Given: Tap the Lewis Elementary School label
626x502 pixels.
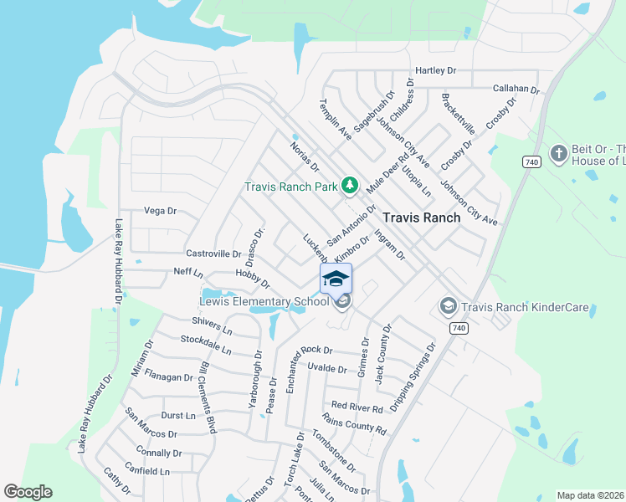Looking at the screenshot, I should [x=264, y=302].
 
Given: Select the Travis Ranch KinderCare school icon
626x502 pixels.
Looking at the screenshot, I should [x=448, y=307].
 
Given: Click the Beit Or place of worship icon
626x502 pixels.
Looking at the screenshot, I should [x=559, y=153].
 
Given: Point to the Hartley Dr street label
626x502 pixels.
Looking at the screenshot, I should [x=436, y=71].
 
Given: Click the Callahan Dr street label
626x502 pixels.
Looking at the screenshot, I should [x=516, y=88].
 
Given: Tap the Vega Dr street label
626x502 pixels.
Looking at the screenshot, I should [x=162, y=211].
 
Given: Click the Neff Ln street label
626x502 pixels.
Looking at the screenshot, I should [x=188, y=273].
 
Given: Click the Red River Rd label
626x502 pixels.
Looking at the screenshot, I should [x=357, y=407].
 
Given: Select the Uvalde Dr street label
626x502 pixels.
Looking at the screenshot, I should [x=326, y=368].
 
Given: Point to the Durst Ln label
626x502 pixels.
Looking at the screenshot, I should [x=177, y=415].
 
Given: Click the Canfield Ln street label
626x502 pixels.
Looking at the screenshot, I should [x=147, y=472].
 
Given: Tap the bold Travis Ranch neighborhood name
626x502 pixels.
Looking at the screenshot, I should [x=421, y=218].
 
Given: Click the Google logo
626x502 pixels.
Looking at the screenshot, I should [x=28, y=491].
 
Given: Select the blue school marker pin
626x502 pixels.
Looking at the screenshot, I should [x=335, y=279].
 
